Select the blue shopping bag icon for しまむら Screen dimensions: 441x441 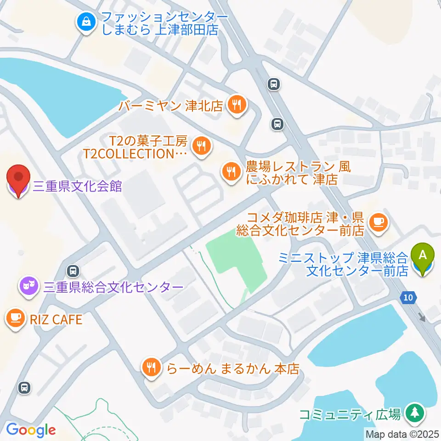[x=86, y=22]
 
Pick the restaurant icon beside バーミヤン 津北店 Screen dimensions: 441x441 [x=237, y=105]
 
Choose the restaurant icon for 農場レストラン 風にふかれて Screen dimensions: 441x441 [x=230, y=172]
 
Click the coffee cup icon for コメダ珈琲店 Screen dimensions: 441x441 [x=379, y=222]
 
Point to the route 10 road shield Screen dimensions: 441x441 [x=409, y=298]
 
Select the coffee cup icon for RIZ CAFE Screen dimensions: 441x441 [x=16, y=318]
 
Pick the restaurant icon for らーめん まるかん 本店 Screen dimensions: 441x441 [x=151, y=367]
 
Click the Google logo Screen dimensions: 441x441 [x=31, y=430]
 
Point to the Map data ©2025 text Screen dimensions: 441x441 [x=402, y=434]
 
